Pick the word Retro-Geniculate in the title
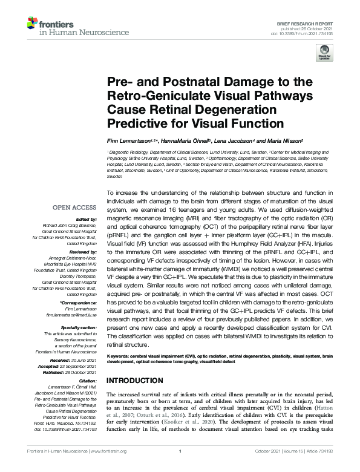tap(152, 97)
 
